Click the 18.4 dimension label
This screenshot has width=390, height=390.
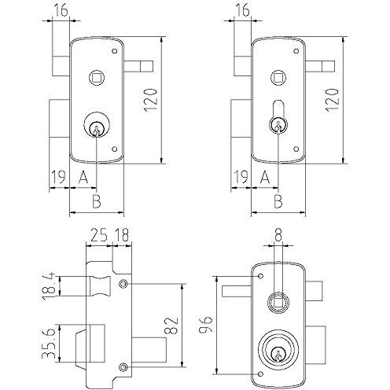pyautogui.click(x=50, y=286)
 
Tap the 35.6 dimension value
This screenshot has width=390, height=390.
pyautogui.click(x=49, y=342)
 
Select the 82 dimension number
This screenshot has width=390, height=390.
pyautogui.click(x=171, y=326)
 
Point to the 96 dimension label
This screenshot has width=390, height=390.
pyautogui.click(x=205, y=325)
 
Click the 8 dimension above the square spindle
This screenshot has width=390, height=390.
pyautogui.click(x=278, y=234)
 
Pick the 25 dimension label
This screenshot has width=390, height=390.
pyautogui.click(x=99, y=234)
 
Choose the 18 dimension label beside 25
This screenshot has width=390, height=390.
pyautogui.click(x=122, y=234)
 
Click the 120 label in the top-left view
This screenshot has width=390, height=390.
pyautogui.click(x=151, y=101)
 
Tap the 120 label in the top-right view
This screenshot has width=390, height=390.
pyautogui.click(x=333, y=101)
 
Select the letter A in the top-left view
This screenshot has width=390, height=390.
pyautogui.click(x=83, y=177)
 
